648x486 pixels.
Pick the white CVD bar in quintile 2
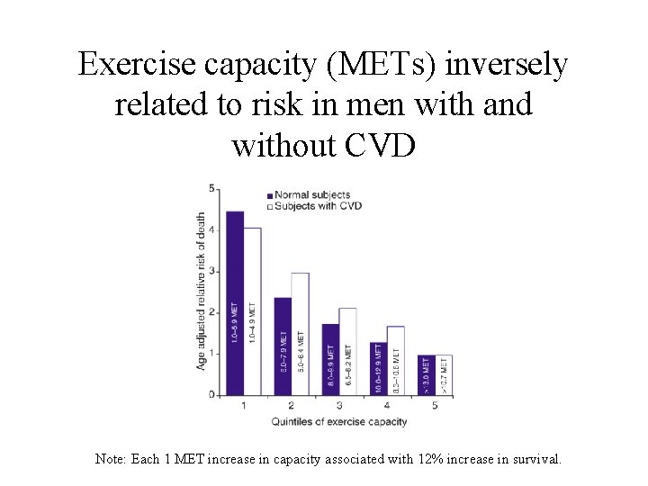[x=300, y=333]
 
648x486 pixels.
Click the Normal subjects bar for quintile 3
[x=330, y=359]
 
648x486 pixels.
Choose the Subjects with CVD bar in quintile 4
[x=395, y=360]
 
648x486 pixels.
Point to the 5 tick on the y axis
[x=211, y=189]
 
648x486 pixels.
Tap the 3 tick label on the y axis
[x=211, y=271]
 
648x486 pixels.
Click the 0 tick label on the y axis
[x=211, y=394]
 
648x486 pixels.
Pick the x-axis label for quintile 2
[x=292, y=406]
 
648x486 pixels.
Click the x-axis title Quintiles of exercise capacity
[x=339, y=421]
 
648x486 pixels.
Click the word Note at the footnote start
[x=111, y=459]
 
